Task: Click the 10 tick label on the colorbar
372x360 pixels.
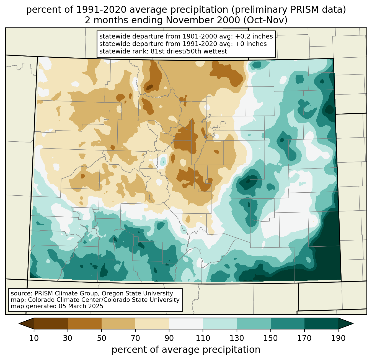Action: click(x=34, y=338)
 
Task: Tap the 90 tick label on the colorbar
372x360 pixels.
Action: click(x=169, y=338)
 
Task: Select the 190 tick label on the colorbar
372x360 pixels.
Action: click(x=338, y=338)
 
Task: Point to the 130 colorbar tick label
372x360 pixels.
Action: click(x=237, y=338)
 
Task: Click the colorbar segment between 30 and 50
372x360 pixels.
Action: click(x=85, y=323)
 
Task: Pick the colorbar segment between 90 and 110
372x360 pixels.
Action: click(x=186, y=323)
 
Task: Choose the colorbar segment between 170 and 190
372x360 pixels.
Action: click(x=321, y=323)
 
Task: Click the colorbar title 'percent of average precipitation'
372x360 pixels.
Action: click(x=186, y=349)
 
